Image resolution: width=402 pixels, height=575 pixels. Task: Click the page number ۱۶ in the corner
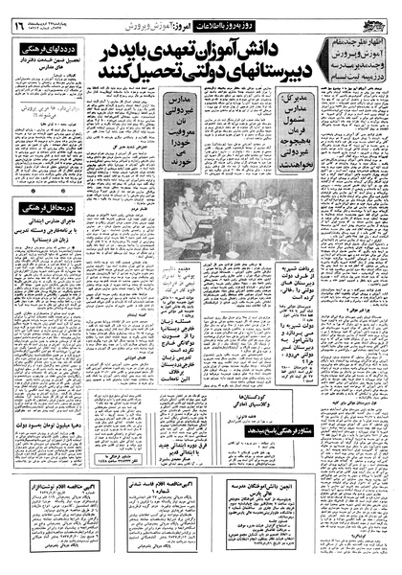click(x=17, y=24)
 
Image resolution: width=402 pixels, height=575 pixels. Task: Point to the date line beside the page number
click(x=53, y=23)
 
